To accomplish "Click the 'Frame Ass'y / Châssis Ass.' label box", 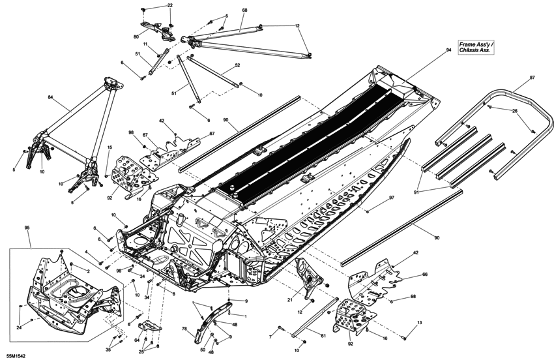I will (476, 46).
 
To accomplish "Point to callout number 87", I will (532, 78).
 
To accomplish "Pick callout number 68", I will (244, 10).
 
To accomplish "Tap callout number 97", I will (392, 198).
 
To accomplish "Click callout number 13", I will (419, 323).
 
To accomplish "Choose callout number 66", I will (424, 275).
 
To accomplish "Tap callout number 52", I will (237, 65).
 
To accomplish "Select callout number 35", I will (108, 350).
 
